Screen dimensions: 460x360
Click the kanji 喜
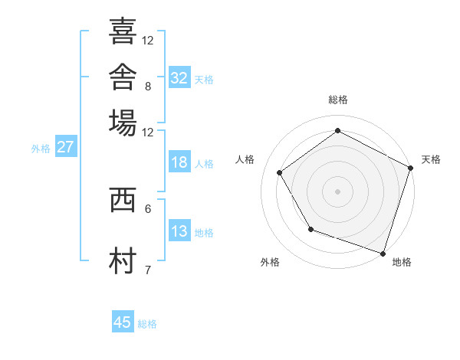click(x=123, y=31)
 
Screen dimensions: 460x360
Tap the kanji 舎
click(x=123, y=77)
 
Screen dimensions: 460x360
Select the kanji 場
click(x=123, y=123)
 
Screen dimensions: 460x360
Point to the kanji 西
click(x=123, y=200)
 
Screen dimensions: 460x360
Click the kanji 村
click(x=123, y=260)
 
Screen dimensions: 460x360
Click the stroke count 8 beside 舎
click(x=148, y=87)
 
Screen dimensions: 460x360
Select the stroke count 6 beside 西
click(x=148, y=209)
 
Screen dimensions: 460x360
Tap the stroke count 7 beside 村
click(x=148, y=270)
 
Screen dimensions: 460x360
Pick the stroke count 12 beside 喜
click(x=147, y=41)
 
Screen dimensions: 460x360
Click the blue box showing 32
click(x=180, y=77)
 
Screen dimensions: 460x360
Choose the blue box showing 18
click(x=180, y=162)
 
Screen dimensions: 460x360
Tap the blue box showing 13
click(x=180, y=230)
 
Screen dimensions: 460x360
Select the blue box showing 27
click(x=66, y=146)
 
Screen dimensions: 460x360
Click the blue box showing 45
click(x=123, y=321)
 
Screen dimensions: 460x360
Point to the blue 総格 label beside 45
click(x=147, y=324)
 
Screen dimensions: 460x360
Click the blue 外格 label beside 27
click(x=41, y=149)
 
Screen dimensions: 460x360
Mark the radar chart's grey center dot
click(x=337, y=191)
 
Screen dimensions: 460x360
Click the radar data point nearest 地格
click(x=383, y=254)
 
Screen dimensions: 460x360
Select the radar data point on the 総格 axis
click(x=337, y=130)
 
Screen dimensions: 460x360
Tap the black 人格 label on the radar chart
click(x=245, y=159)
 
